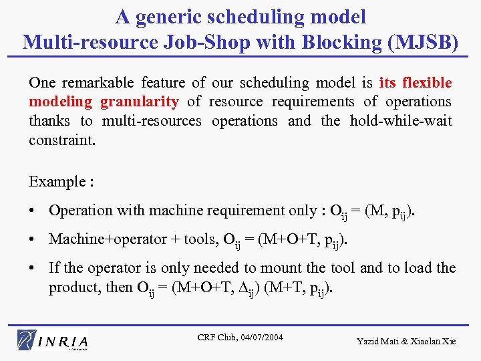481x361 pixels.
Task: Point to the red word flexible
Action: coord(426,83)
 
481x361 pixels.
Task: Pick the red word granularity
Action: coord(140,102)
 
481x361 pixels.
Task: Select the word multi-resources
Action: coord(152,121)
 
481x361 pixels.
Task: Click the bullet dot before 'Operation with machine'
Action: coord(33,211)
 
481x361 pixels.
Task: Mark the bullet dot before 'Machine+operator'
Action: coord(33,239)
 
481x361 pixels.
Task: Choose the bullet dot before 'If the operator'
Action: coord(33,269)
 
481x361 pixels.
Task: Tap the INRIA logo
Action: coord(53,340)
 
